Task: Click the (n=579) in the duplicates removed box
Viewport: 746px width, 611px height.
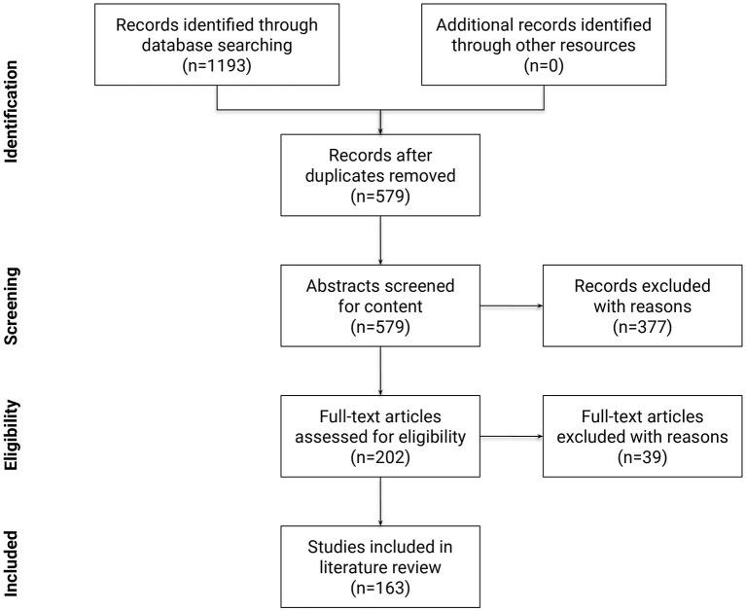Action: point(380,199)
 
